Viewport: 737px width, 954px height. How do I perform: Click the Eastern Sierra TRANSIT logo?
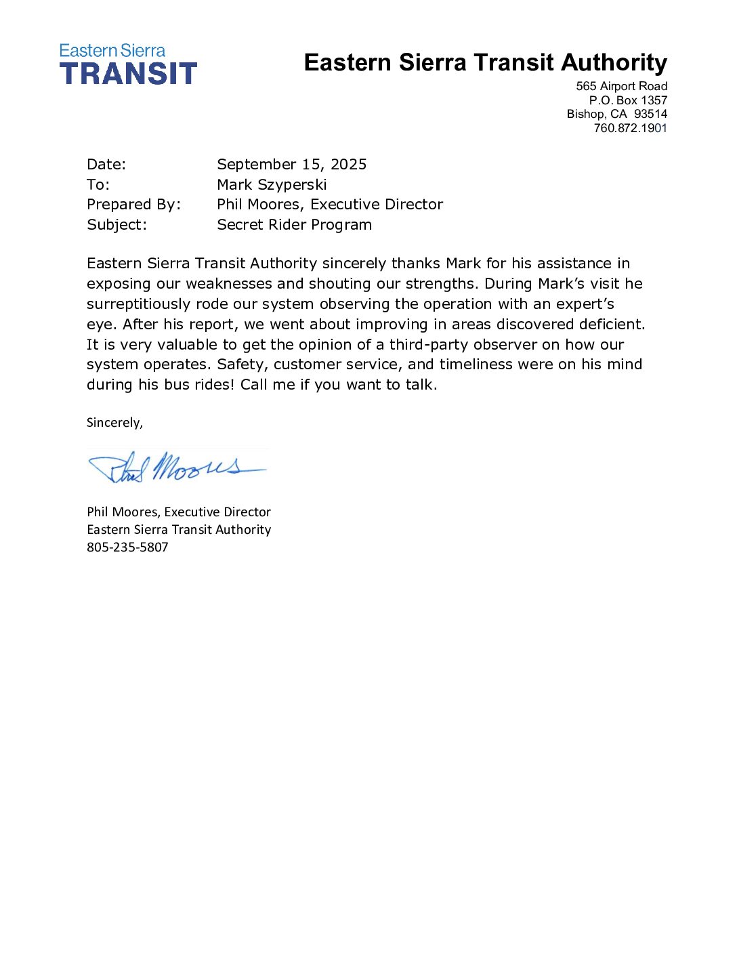[128, 64]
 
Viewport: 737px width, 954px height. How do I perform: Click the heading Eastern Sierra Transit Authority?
[485, 62]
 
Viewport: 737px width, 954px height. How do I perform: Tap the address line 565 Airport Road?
[621, 86]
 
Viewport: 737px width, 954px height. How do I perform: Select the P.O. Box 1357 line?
[628, 100]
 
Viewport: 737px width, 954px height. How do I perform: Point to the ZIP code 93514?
[650, 114]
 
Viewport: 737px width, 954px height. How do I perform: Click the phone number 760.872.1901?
[630, 128]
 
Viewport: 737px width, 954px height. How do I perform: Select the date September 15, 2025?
[291, 165]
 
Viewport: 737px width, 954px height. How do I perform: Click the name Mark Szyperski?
[272, 185]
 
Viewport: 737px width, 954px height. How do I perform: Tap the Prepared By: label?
[133, 205]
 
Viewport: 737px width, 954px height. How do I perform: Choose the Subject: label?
[117, 225]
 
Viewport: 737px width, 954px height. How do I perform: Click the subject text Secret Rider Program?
[294, 225]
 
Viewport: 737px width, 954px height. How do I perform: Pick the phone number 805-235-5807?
[127, 547]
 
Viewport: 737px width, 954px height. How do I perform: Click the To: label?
[98, 185]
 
